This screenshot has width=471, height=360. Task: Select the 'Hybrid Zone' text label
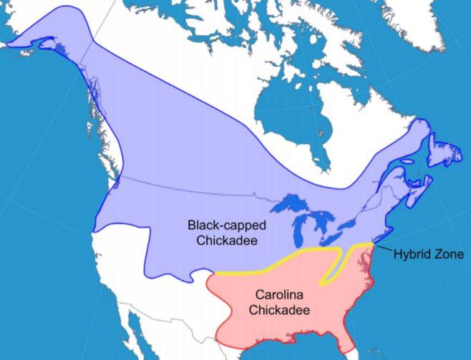click(x=429, y=254)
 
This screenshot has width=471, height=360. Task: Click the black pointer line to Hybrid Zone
click(x=384, y=250)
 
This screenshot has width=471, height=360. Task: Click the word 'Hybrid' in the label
click(x=413, y=254)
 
